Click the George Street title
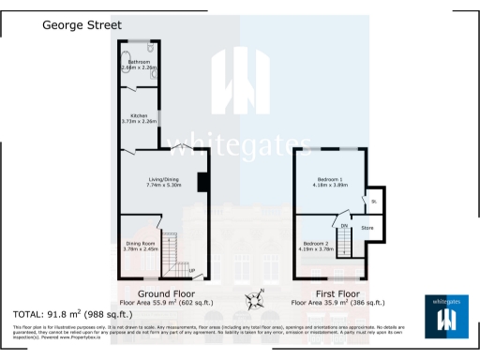(82, 27)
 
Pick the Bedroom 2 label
(316, 244)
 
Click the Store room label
(367, 227)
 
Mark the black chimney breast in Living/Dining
(202, 182)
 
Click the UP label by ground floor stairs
(191, 272)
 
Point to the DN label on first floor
(344, 226)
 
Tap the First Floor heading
(337, 293)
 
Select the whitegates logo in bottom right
(449, 315)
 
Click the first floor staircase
(348, 244)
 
